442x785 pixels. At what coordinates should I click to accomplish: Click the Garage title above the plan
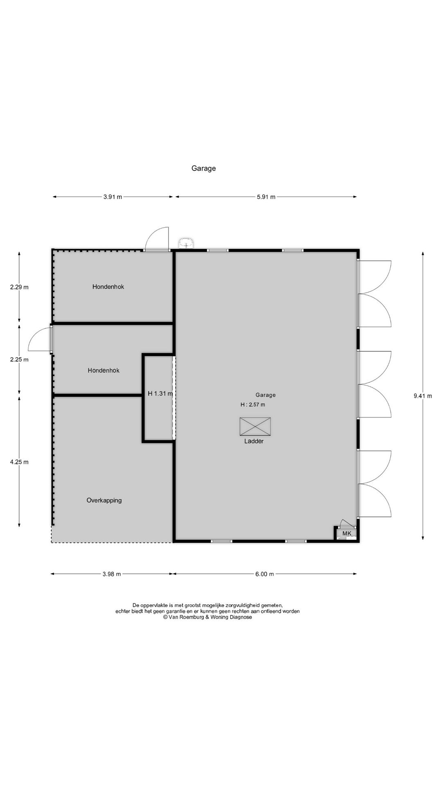tap(203, 168)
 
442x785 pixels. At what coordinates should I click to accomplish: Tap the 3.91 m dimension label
tap(113, 197)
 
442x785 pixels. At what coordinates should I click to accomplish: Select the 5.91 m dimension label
tap(266, 197)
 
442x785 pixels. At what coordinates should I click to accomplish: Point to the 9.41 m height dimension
tap(423, 395)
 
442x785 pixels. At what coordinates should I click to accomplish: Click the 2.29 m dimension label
tap(19, 287)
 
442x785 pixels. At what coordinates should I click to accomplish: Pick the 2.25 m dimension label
tap(19, 360)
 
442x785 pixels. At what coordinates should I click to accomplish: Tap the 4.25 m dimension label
tap(19, 462)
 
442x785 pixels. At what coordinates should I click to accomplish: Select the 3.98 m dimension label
tap(111, 574)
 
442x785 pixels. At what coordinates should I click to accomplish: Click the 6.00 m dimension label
tap(264, 574)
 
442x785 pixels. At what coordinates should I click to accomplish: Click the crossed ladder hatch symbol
tap(255, 426)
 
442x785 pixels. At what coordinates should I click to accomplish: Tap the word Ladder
tap(254, 441)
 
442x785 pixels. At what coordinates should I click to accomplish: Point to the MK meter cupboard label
tap(347, 534)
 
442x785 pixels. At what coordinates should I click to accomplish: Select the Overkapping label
tap(104, 500)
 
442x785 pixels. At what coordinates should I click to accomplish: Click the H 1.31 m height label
tap(160, 393)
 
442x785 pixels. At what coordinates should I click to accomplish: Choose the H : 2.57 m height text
tap(253, 405)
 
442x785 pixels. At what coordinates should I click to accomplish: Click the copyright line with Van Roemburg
tap(207, 617)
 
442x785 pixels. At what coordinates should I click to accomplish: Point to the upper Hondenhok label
tap(108, 287)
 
